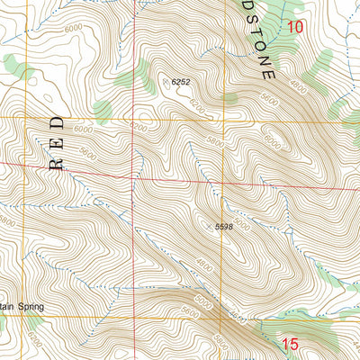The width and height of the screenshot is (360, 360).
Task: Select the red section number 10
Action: tap(296, 27)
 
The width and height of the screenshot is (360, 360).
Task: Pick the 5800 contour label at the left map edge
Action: tap(7, 223)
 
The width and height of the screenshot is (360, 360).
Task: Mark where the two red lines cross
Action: tap(134, 175)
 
